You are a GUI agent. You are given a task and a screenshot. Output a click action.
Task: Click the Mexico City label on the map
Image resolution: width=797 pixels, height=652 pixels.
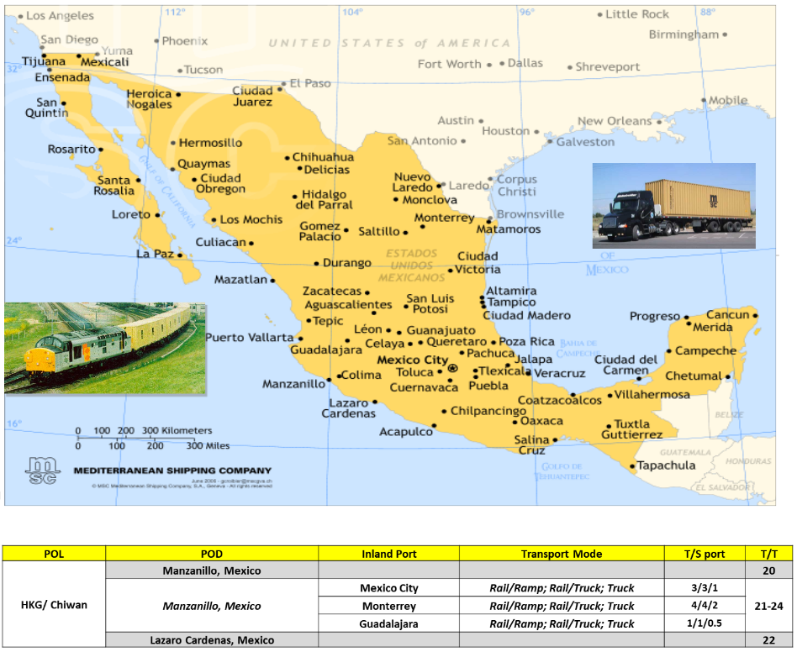coord(412,360)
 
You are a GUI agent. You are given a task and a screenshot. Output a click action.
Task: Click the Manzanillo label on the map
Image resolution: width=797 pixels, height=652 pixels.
coord(293,384)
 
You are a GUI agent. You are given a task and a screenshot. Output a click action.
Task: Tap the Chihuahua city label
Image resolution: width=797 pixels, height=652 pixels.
coord(323,157)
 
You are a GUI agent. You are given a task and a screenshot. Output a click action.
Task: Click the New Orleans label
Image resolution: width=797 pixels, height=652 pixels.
coord(614,121)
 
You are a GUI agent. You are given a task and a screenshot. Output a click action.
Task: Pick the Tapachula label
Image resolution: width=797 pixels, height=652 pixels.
coord(666,465)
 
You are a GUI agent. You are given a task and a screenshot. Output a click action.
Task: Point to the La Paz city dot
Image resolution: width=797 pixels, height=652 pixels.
coord(180,254)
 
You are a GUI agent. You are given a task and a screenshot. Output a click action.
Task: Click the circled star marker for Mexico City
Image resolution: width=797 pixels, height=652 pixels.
coord(453,369)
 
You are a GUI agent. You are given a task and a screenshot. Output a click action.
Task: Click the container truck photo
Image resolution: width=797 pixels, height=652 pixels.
coord(673,205)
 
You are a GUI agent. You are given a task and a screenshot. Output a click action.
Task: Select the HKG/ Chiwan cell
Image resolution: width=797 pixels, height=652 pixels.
coord(54,605)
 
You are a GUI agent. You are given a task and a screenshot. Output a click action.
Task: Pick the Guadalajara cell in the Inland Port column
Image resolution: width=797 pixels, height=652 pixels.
coord(388,623)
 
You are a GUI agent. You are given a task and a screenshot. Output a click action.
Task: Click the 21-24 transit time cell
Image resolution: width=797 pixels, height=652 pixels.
coord(768,605)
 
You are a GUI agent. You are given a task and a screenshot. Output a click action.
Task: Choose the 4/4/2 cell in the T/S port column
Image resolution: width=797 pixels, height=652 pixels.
coord(705,606)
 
